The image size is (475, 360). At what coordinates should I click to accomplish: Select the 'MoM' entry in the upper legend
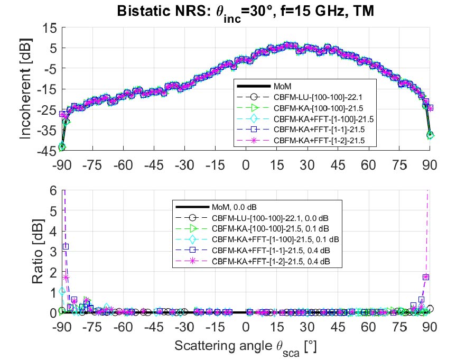pyautogui.click(x=283, y=86)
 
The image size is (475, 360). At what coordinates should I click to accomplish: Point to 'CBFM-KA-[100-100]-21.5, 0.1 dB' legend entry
pyautogui.click(x=271, y=228)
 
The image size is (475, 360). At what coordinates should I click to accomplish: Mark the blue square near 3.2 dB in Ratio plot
pyautogui.click(x=66, y=246)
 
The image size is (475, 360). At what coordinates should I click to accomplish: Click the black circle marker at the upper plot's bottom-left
pyautogui.click(x=62, y=146)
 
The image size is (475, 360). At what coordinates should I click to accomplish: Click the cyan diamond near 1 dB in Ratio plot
pyautogui.click(x=62, y=291)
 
